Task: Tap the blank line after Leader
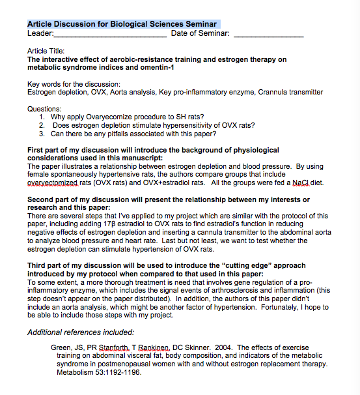[111, 34]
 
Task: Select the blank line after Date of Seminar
[268, 34]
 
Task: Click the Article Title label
[46, 51]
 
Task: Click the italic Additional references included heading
[81, 332]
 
